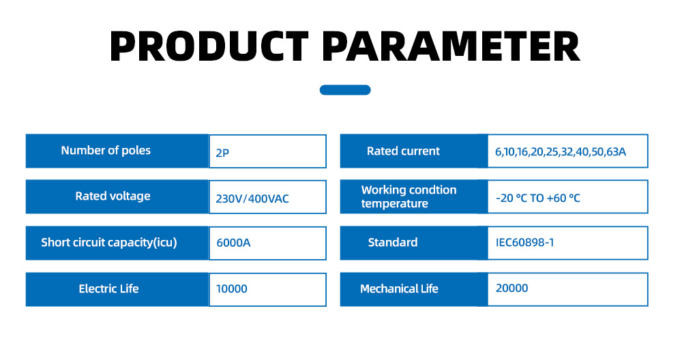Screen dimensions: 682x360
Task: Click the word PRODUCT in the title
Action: [x=209, y=46]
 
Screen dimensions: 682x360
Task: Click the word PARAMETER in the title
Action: [x=451, y=46]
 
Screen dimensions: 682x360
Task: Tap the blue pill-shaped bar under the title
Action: [x=345, y=89]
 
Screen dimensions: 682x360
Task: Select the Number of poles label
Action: [x=106, y=151]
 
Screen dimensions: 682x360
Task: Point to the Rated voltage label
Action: [x=113, y=196]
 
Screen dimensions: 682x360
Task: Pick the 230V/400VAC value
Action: [x=252, y=198]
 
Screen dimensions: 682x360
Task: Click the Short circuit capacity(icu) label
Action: [x=108, y=243]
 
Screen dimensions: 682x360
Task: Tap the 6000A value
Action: [x=233, y=243]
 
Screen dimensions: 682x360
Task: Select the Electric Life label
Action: [x=108, y=288]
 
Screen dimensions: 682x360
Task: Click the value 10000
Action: [x=231, y=288]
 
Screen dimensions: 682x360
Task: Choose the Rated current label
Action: [x=403, y=151]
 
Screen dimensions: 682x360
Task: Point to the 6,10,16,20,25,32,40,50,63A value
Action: [x=561, y=152]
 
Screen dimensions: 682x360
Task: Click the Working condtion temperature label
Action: [x=409, y=196]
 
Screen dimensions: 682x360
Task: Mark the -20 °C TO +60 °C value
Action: [x=538, y=198]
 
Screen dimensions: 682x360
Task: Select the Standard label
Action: [x=393, y=242]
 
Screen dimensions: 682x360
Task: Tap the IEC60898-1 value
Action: [x=524, y=242]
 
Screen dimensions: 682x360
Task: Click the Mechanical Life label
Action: [x=399, y=288]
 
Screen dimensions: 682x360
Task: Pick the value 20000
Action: [x=512, y=288]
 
